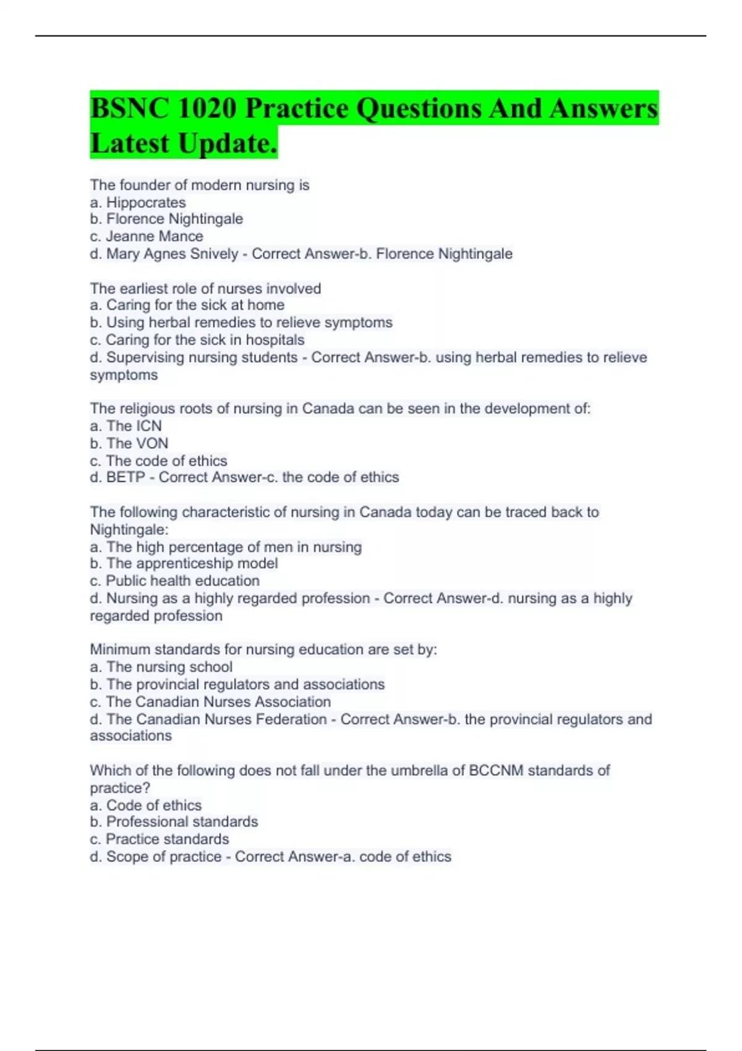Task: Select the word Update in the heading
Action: tap(225, 143)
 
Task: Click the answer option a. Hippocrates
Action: tap(137, 202)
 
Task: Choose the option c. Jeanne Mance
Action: tap(146, 236)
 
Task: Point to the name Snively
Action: tap(215, 253)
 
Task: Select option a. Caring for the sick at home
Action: tap(187, 305)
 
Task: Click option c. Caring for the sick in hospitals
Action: tap(197, 339)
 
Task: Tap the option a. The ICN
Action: tap(126, 425)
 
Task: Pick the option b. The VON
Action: tap(129, 443)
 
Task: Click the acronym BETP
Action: tap(126, 477)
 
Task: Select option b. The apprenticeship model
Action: tap(184, 563)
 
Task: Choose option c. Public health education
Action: tap(174, 581)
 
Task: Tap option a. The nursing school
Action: tap(161, 666)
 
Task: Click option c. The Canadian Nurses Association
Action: tap(210, 702)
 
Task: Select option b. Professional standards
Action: tap(174, 822)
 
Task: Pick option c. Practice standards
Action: tap(159, 839)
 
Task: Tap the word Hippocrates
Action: tap(146, 202)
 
